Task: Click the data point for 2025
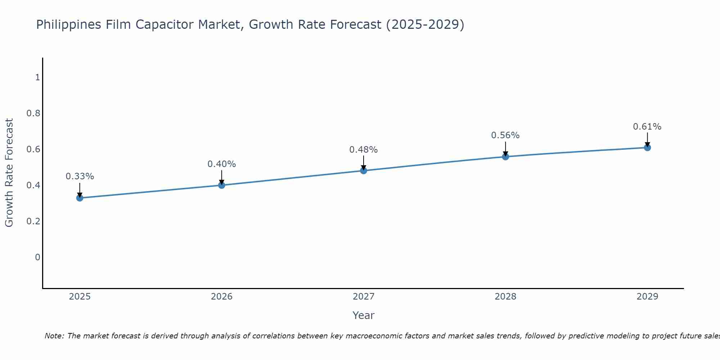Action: [x=80, y=198]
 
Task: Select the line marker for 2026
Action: [x=221, y=185]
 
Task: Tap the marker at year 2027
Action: [x=363, y=171]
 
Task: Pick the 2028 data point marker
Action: [x=505, y=157]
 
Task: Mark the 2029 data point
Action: [x=647, y=147]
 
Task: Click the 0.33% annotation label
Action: [x=80, y=176]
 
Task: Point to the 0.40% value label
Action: [x=221, y=164]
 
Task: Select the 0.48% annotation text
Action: [x=363, y=150]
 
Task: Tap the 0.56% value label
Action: [x=505, y=135]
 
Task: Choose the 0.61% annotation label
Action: [x=647, y=127]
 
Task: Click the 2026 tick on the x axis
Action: [x=221, y=297]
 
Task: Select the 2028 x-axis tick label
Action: [x=505, y=297]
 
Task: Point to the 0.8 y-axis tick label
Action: [x=33, y=113]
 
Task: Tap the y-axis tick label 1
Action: [x=37, y=77]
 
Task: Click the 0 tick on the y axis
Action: [x=37, y=257]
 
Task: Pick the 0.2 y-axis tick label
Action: [x=33, y=221]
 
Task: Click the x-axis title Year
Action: [x=363, y=315]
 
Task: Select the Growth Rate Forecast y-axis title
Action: [x=9, y=173]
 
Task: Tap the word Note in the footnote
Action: [x=54, y=336]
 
